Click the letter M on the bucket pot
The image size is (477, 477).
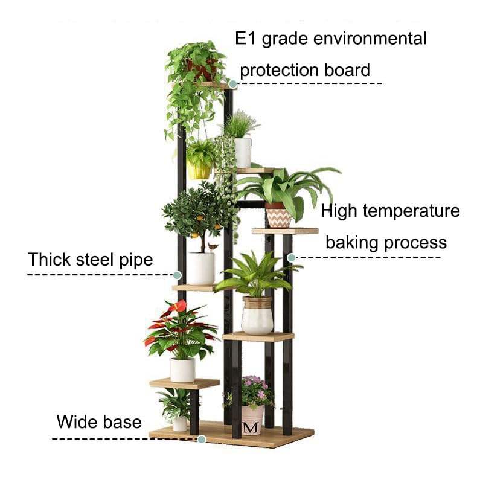coord(251,427)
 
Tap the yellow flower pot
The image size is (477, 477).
coord(199,169)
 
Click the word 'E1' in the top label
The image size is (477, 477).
coord(246,38)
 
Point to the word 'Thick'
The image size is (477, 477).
coord(49,260)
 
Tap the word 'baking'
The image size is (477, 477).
coord(351,243)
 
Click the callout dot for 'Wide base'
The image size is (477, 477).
coord(202,439)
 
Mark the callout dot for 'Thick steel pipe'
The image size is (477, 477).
coord(178,275)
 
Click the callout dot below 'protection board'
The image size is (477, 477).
coord(233,84)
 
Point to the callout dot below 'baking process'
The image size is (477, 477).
coord(291,258)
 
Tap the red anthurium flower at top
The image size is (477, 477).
coord(179,306)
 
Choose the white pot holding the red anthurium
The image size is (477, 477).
coord(182,370)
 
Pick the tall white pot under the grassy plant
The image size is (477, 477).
coord(243,153)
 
